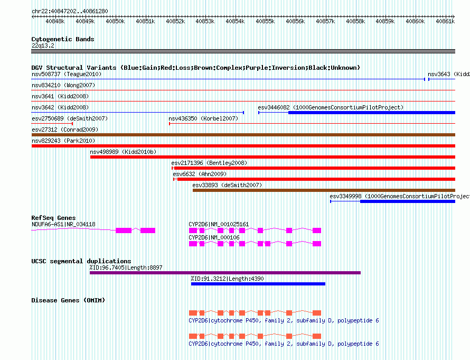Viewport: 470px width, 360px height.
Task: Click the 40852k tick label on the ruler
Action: point(175,21)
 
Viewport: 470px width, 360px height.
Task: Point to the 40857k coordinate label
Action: point(325,21)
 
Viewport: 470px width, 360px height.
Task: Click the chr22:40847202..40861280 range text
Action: point(70,12)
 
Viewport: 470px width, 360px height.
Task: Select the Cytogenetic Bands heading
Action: point(63,39)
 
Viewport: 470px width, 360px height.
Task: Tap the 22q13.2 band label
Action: point(43,45)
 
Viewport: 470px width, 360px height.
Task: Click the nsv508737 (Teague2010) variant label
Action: point(67,74)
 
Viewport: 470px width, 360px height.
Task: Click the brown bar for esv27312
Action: point(243,135)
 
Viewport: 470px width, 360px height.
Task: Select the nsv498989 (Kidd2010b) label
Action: point(123,152)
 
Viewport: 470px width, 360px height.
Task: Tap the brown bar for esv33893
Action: point(324,190)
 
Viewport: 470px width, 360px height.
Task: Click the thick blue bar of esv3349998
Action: point(408,201)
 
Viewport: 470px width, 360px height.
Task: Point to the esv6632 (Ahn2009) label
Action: point(200,174)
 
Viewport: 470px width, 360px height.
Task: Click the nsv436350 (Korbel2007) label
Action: point(203,118)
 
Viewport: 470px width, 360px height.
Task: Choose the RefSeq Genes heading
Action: point(53,218)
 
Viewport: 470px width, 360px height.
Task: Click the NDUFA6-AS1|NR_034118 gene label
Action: point(63,224)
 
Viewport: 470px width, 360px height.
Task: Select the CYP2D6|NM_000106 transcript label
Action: point(214,237)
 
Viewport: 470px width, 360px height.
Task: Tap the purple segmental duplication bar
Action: point(225,273)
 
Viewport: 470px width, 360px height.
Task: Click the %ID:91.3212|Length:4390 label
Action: point(227,279)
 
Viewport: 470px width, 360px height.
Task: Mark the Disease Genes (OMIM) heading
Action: point(68,300)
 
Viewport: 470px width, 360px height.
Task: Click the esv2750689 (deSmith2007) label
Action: point(70,118)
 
